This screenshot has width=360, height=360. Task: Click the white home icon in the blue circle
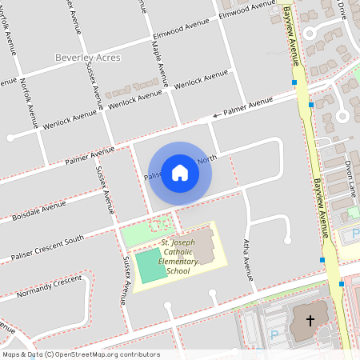[x=180, y=172]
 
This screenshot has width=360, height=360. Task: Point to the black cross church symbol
[x=310, y=320]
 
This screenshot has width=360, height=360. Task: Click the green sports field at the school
[x=151, y=265]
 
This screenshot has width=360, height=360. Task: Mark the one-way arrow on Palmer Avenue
[x=215, y=117]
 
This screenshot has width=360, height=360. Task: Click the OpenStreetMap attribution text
[x=80, y=354]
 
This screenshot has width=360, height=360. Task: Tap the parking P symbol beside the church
[x=274, y=336]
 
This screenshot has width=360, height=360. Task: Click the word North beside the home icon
[x=207, y=159]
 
